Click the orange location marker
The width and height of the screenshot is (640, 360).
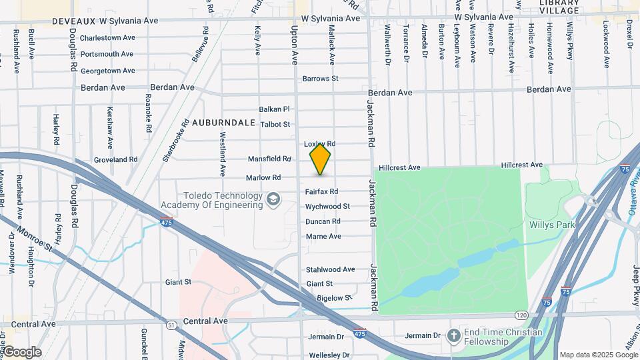(x=320, y=159)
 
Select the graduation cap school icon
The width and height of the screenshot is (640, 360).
(x=273, y=199)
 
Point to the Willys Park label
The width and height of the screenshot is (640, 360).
(x=552, y=225)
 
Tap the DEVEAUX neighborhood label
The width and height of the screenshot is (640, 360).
(x=26, y=21)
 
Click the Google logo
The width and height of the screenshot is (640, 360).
(x=22, y=352)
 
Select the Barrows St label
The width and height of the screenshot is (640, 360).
(x=320, y=79)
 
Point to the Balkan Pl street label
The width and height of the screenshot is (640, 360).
(x=275, y=109)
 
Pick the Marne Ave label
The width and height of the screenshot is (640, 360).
(x=323, y=237)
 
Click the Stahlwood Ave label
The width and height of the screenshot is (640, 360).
(x=330, y=269)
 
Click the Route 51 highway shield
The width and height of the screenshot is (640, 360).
(x=171, y=325)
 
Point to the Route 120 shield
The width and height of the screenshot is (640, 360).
(x=521, y=314)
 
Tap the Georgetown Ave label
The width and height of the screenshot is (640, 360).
(x=108, y=71)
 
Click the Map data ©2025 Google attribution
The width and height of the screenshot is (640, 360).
(x=598, y=355)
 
